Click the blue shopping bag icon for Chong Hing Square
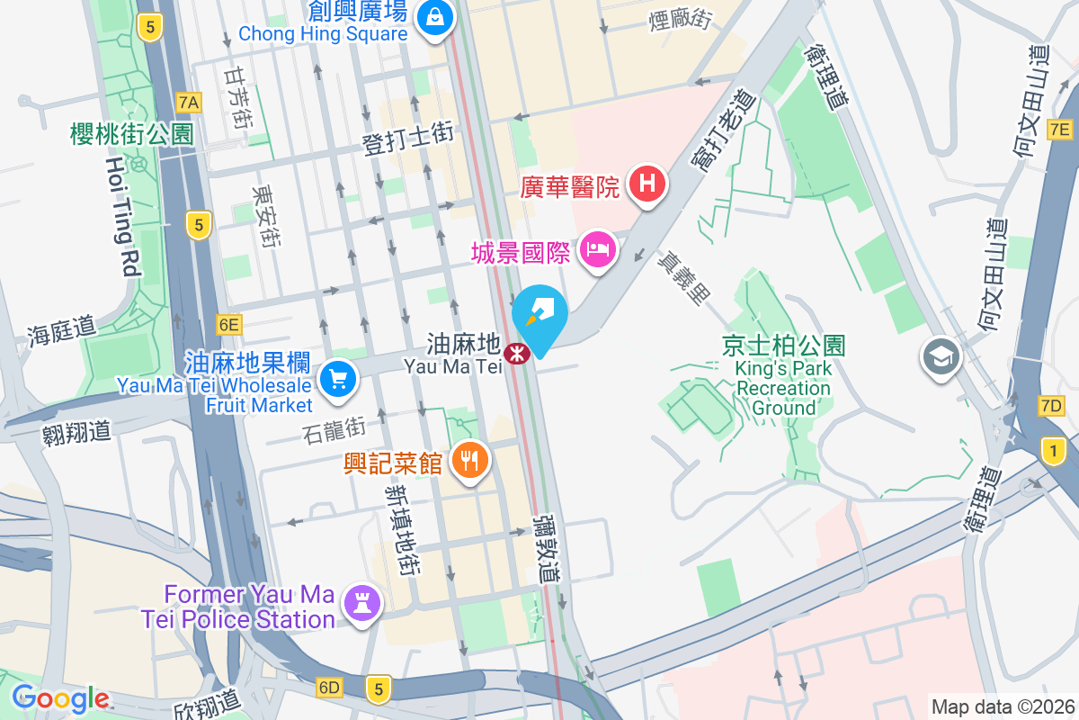pos(434,16)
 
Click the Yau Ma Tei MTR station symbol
pos(516,354)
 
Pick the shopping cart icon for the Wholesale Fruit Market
pos(338,377)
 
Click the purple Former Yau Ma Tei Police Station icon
pos(362,604)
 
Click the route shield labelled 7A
pos(189,101)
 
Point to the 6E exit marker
pos(229,324)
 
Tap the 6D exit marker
pos(330,688)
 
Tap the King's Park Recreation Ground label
pos(782,378)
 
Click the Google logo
pos(60,698)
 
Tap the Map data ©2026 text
pos(1002,706)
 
